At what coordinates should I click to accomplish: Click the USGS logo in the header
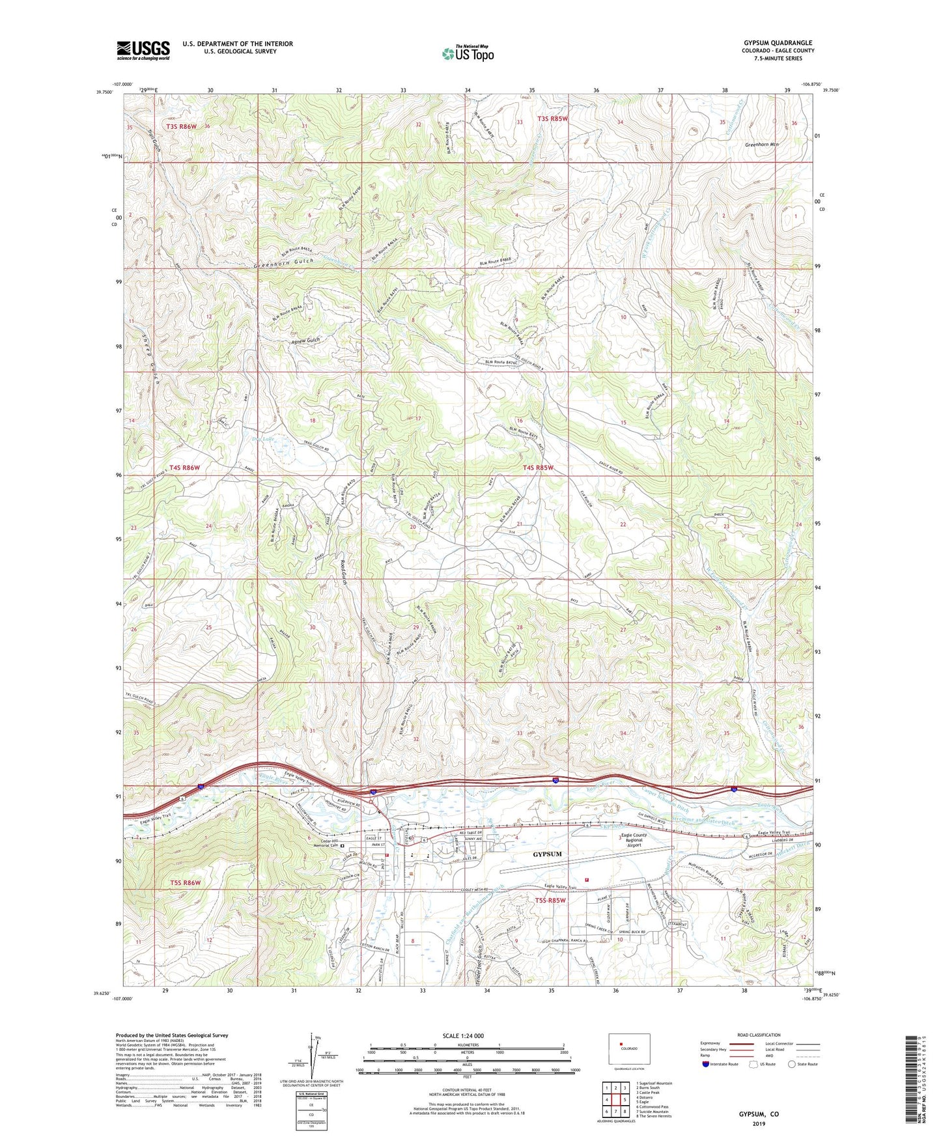tap(143, 50)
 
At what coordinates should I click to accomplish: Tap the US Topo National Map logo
tap(468, 53)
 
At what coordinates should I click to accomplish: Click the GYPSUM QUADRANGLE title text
tap(778, 43)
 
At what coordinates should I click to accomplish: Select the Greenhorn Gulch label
tap(283, 262)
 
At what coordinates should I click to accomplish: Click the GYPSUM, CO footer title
tap(759, 1114)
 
